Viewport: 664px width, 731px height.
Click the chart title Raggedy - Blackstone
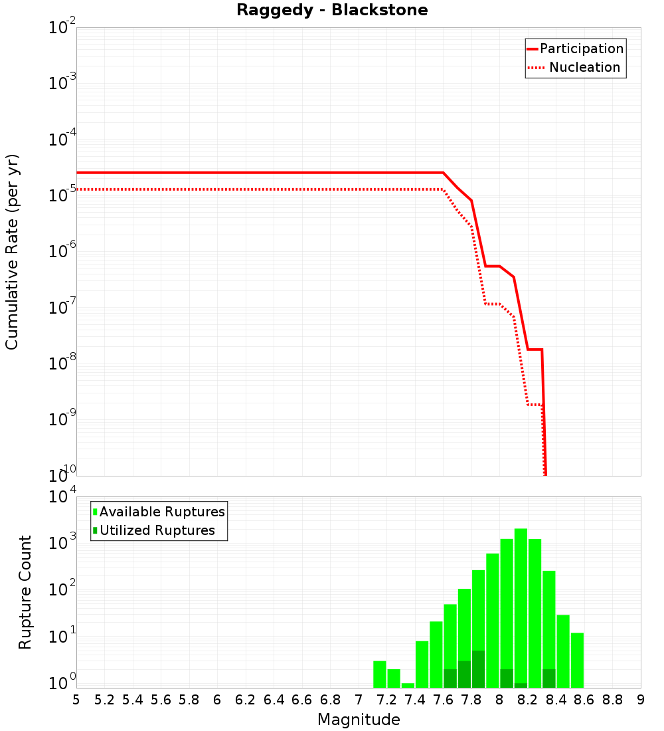click(x=332, y=10)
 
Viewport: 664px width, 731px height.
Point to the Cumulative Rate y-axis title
click(x=12, y=251)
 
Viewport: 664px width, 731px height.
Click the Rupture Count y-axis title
click(x=25, y=592)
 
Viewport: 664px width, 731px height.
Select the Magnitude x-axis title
click(x=359, y=720)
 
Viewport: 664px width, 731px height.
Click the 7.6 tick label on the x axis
click(x=443, y=700)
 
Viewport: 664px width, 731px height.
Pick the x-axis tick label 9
click(x=640, y=700)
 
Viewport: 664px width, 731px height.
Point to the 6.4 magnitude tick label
click(x=274, y=700)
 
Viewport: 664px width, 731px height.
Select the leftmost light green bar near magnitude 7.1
click(x=379, y=675)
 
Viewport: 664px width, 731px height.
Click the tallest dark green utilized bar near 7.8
click(x=478, y=670)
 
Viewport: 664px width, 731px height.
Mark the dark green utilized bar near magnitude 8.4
click(x=548, y=679)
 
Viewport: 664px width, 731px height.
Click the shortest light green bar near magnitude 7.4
click(x=408, y=685)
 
